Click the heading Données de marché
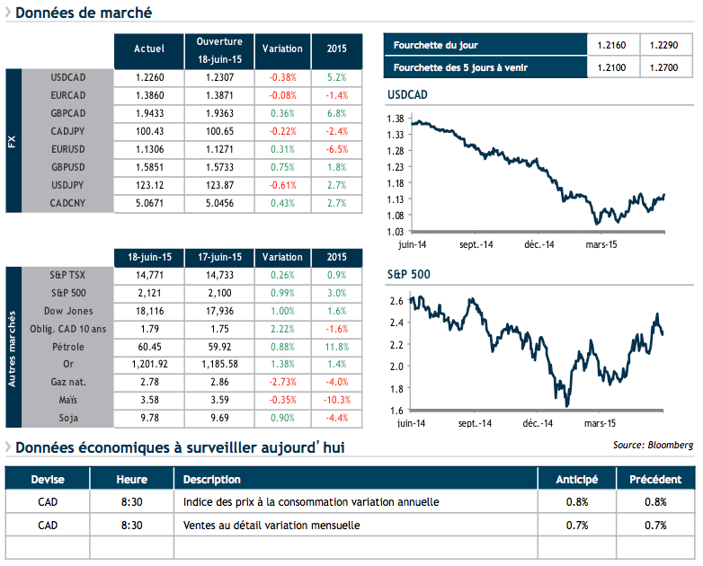pyautogui.click(x=84, y=13)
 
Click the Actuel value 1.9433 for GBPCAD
pyautogui.click(x=148, y=113)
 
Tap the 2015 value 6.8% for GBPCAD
pyautogui.click(x=337, y=113)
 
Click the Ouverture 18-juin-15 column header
pyautogui.click(x=219, y=49)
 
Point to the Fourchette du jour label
pyautogui.click(x=432, y=44)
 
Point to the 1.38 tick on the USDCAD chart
pyautogui.click(x=394, y=119)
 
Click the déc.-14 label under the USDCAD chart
pyautogui.click(x=538, y=243)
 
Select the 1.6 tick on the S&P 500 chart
pyautogui.click(x=396, y=411)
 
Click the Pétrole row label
pyautogui.click(x=69, y=346)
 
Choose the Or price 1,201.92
pyautogui.click(x=148, y=364)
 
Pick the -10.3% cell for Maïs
pyautogui.click(x=335, y=400)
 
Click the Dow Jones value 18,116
pyautogui.click(x=148, y=311)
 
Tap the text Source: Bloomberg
pyautogui.click(x=654, y=445)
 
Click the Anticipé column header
pyautogui.click(x=577, y=479)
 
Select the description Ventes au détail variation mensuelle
pyautogui.click(x=271, y=525)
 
